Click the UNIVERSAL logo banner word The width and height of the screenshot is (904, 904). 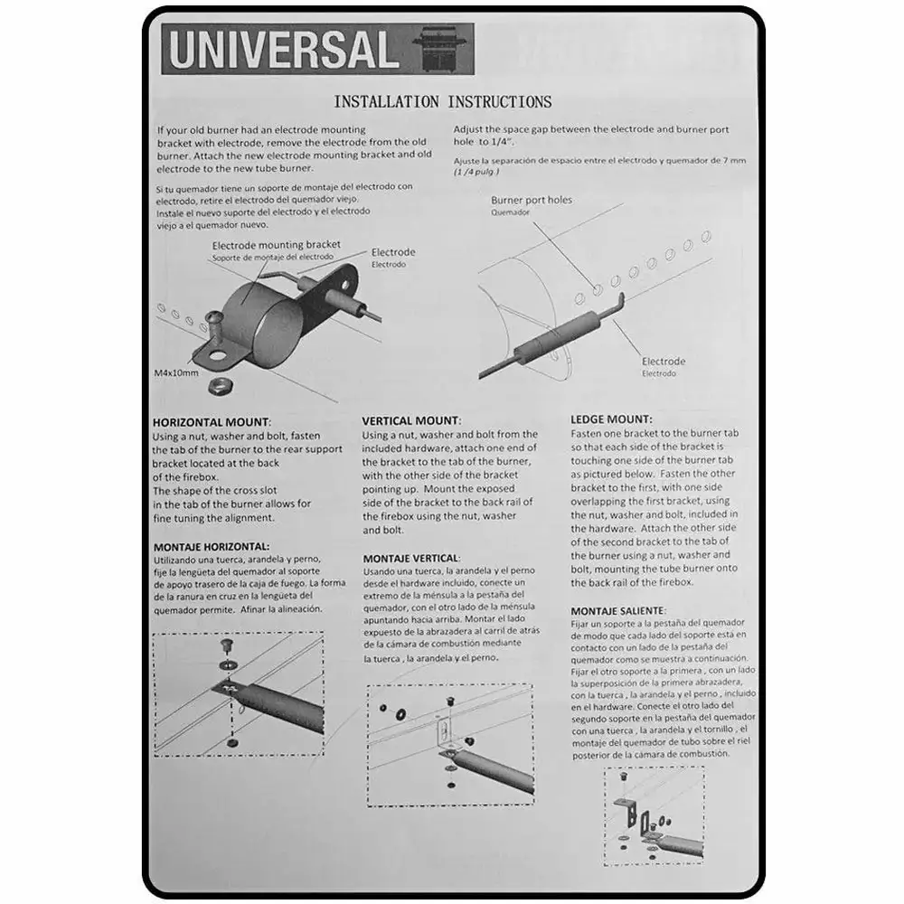coord(283,50)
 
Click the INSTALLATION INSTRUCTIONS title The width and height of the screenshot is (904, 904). coord(442,101)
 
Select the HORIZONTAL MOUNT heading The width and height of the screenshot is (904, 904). coord(211,422)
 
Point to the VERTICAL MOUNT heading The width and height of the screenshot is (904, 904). coord(411,420)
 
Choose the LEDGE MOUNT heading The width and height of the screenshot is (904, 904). coord(611,419)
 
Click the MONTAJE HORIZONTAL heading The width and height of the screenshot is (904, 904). coord(211,546)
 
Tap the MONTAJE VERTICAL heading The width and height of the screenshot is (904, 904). coord(410,559)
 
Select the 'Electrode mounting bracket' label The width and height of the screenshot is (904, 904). coord(276,244)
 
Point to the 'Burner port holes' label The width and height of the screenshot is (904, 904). coord(532,200)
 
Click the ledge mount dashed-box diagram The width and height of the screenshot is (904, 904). coord(654,817)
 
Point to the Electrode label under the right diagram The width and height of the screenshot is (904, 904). coord(664,362)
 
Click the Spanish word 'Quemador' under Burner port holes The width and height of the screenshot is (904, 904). coord(510,213)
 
